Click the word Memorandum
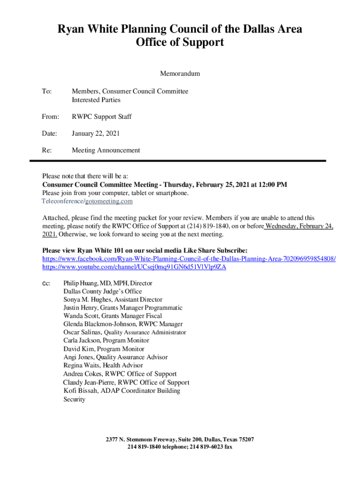180,74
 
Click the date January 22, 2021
96,133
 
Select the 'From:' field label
50,116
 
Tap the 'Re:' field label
47,150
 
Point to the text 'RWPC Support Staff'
101,116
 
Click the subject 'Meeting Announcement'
106,150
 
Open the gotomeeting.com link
109,201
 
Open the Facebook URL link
189,259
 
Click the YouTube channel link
134,267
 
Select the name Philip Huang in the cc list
80,283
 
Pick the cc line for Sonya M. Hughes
113,299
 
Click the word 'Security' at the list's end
74,399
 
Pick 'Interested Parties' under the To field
96,100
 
